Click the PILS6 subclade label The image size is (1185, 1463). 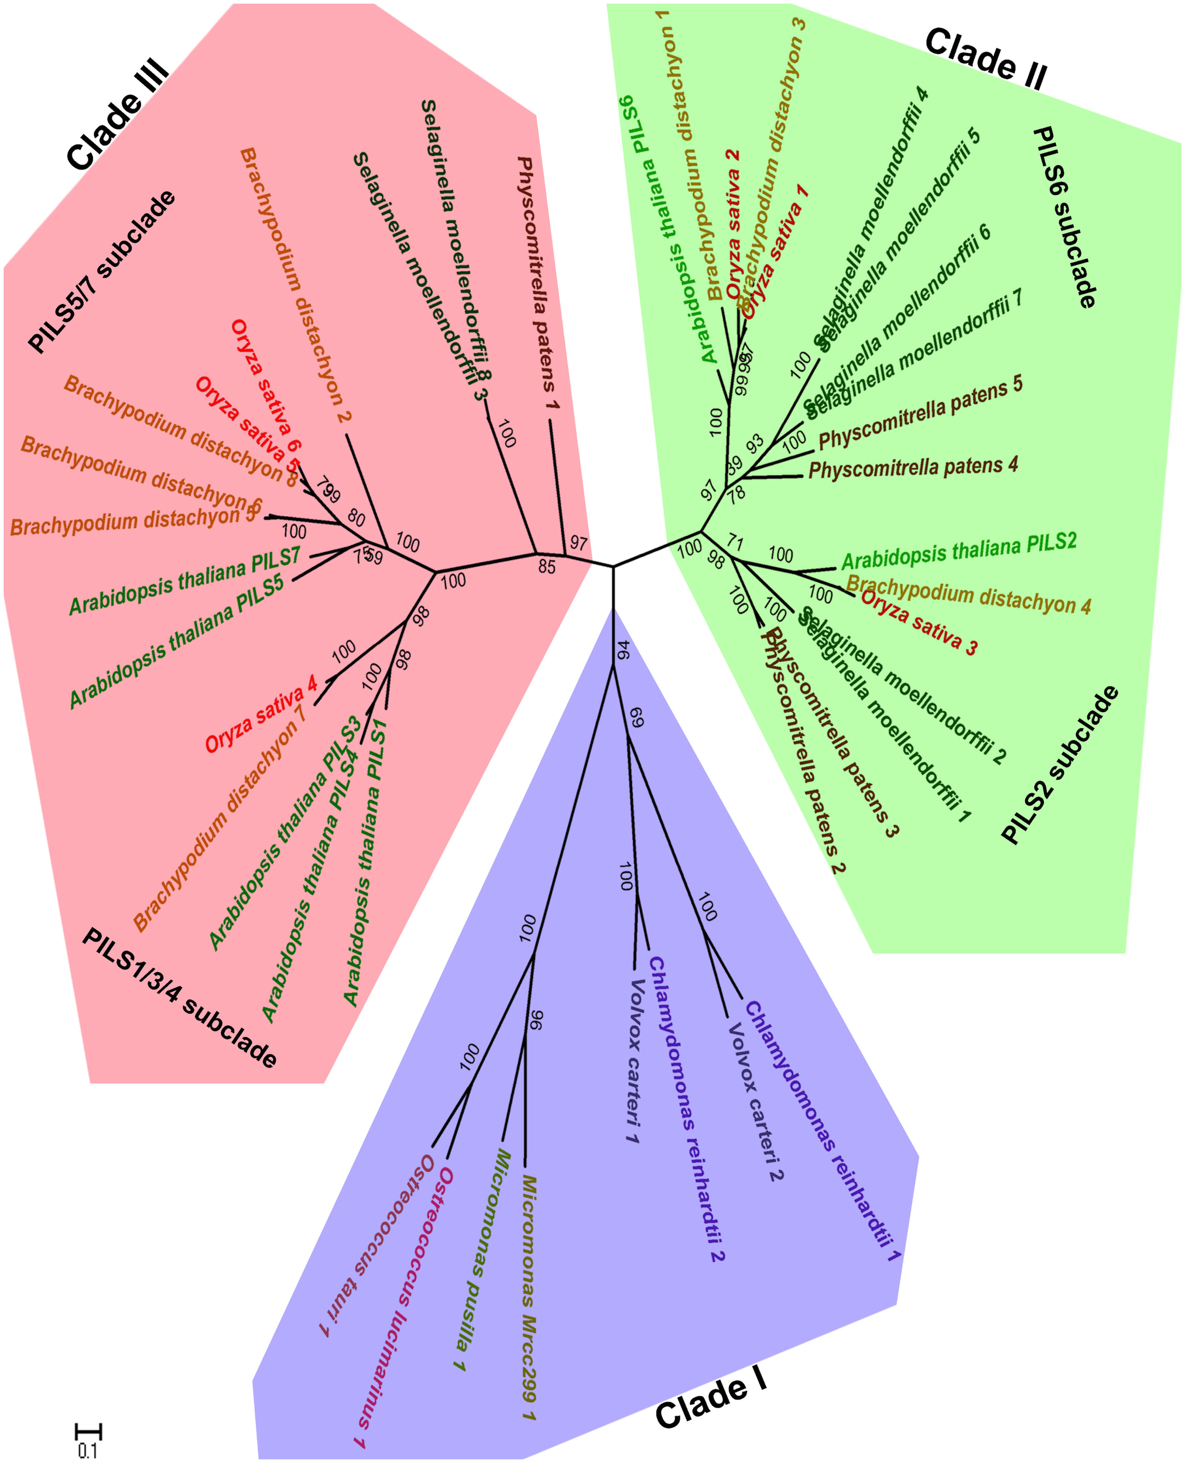coord(1064,217)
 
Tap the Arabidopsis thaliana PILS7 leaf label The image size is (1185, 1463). coord(185,581)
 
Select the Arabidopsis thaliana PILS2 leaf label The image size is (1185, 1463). coord(958,551)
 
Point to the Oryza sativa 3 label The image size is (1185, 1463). coord(919,621)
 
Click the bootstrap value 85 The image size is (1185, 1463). coord(547,566)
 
